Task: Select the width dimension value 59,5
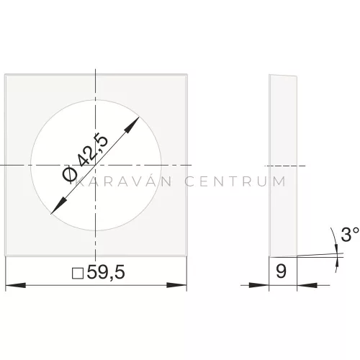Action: [x=106, y=272]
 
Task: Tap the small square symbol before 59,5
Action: [x=78, y=274]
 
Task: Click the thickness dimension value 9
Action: [x=281, y=271]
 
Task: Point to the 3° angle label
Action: [x=350, y=234]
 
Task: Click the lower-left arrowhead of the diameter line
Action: [x=58, y=206]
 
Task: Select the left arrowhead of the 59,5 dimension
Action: [x=16, y=285]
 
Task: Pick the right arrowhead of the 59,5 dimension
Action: [x=176, y=285]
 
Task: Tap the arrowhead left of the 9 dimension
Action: [x=259, y=285]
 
